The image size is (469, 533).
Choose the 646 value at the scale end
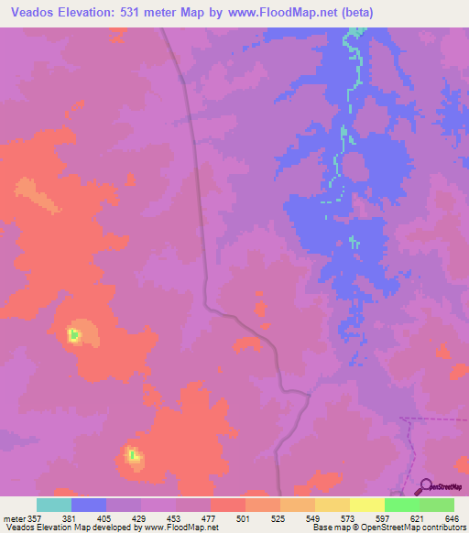[452, 517]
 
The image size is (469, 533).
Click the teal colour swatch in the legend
[54, 505]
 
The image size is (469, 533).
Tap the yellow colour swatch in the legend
[367, 505]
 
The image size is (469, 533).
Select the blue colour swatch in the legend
[89, 505]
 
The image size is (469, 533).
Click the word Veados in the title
[34, 12]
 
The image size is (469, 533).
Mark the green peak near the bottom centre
[134, 455]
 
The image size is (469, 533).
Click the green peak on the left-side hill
[74, 335]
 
